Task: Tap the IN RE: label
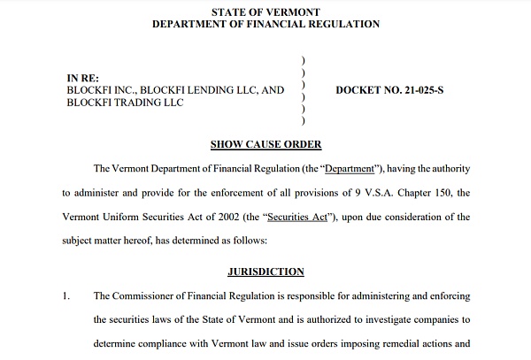click(84, 77)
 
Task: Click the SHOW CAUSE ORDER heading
click(265, 144)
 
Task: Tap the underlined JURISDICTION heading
click(265, 272)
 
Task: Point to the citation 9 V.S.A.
click(371, 192)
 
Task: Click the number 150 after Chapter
click(446, 192)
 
